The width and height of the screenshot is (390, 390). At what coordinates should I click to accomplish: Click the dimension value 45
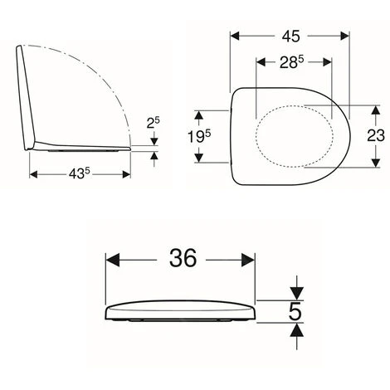[291, 37]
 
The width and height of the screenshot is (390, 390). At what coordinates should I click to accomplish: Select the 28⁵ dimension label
[292, 62]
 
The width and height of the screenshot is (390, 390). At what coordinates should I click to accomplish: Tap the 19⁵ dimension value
[199, 136]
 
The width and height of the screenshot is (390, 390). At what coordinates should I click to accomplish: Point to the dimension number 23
[376, 135]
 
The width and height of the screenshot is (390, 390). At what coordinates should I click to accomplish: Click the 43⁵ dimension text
[80, 173]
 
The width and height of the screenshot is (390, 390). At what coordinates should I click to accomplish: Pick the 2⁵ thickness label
[154, 123]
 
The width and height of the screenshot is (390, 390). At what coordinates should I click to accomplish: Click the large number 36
[183, 258]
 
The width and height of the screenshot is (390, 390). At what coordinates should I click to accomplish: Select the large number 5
[295, 312]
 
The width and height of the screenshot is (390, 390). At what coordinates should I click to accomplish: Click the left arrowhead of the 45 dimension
[235, 36]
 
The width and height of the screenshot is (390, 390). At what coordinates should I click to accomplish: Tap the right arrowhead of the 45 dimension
[345, 36]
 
